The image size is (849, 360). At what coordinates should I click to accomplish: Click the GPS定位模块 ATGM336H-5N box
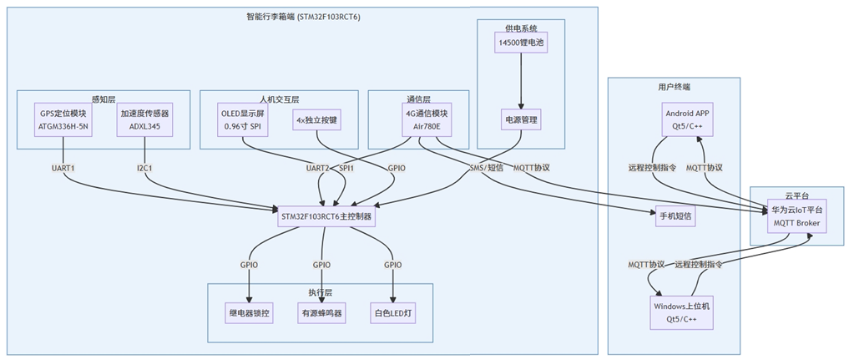click(x=63, y=120)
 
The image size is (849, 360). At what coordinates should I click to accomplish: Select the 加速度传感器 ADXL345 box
click(x=145, y=120)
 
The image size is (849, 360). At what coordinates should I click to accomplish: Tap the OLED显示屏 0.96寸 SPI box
click(x=242, y=120)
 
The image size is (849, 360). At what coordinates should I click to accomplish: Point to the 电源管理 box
click(x=523, y=120)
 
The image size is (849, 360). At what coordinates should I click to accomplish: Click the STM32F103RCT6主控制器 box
click(x=326, y=215)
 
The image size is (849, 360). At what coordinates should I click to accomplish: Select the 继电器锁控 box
click(x=250, y=313)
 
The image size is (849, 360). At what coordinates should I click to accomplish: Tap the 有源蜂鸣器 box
click(x=321, y=313)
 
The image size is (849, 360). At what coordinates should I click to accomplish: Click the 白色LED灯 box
click(x=392, y=313)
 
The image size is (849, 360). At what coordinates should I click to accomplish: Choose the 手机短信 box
click(x=675, y=215)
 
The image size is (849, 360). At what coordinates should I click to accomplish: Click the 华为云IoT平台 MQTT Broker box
click(x=796, y=215)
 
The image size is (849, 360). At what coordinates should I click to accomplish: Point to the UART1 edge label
click(x=63, y=168)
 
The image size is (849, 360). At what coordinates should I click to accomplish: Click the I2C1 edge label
click(x=145, y=168)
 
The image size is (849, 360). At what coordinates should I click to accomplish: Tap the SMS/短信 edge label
click(x=487, y=168)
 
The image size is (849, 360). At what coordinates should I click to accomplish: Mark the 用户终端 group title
click(x=674, y=87)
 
